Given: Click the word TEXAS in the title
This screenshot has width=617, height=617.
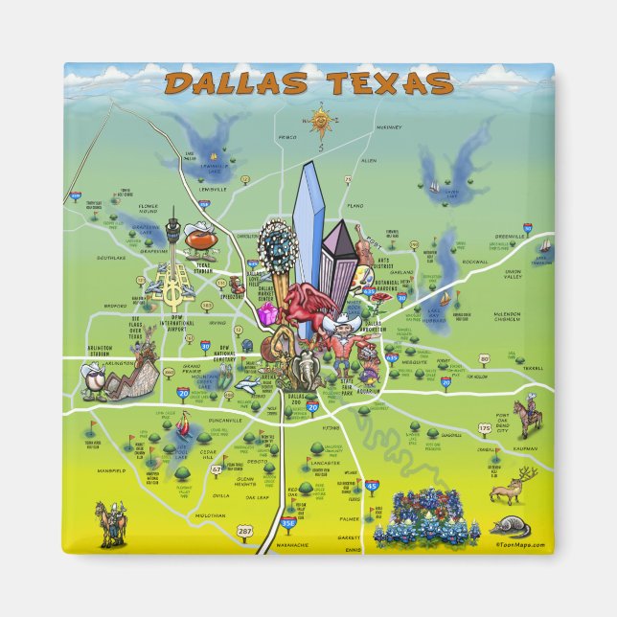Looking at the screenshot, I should (387, 83).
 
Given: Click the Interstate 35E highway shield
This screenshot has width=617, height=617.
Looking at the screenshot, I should (288, 524).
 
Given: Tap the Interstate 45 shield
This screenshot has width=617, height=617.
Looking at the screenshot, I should (372, 487).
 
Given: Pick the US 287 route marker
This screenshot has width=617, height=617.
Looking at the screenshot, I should (246, 529).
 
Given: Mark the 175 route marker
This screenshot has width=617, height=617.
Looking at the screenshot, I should (485, 427).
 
